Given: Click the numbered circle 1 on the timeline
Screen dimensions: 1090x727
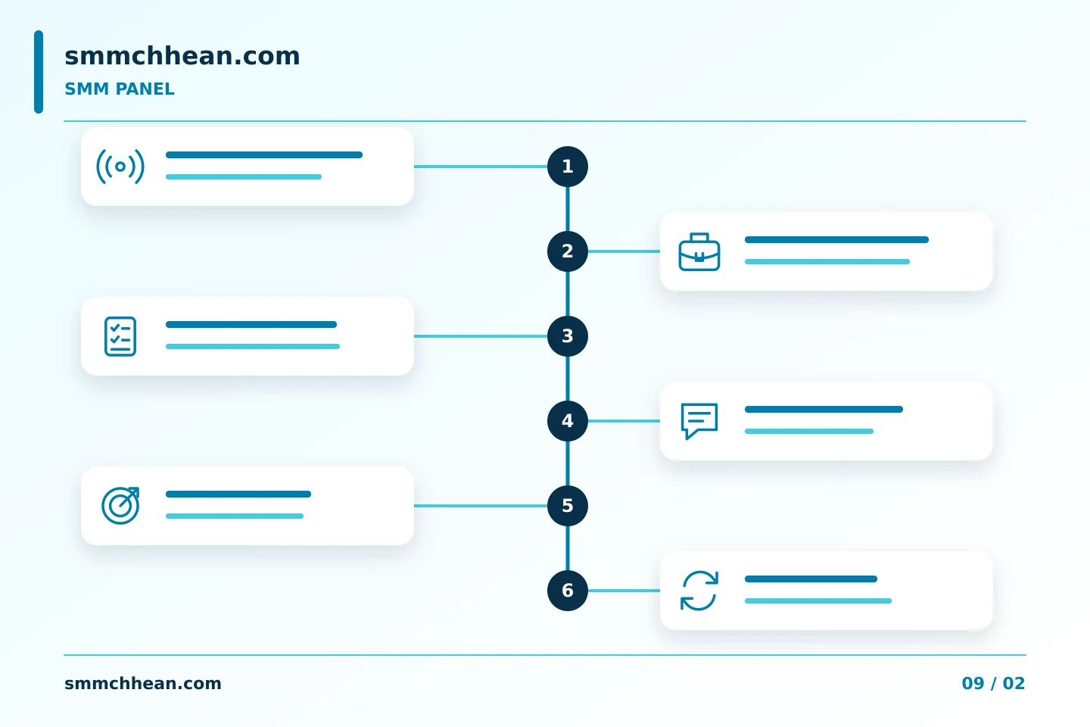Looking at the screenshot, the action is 568,167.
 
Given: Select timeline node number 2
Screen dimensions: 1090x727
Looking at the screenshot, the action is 568,251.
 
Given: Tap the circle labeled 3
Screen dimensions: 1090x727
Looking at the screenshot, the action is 568,336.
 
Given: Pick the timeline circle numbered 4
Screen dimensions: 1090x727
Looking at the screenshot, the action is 568,421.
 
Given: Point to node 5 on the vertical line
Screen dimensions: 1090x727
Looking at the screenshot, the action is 568,506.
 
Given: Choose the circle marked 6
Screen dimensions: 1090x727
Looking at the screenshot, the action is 568,591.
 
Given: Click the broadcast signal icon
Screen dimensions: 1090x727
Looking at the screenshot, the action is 120,167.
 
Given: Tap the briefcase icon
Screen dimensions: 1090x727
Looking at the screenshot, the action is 699,251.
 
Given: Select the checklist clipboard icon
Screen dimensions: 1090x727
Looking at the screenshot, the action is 120,336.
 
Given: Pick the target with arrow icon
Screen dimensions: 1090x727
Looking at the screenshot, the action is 120,506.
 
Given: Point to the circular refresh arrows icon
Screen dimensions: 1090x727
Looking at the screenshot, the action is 699,591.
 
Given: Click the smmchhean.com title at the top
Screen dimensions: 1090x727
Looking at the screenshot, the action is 182,56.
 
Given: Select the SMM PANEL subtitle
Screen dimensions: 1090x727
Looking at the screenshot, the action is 120,89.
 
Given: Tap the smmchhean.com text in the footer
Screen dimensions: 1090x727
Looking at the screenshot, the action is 142,683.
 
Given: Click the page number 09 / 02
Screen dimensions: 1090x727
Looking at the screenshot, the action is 993,683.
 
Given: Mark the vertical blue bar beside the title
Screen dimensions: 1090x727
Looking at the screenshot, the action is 39,72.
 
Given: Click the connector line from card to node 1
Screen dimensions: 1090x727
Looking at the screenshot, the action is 481,167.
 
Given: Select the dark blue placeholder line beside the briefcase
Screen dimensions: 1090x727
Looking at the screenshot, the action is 836,239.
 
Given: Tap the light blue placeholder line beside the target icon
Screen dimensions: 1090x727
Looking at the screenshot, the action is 235,516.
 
